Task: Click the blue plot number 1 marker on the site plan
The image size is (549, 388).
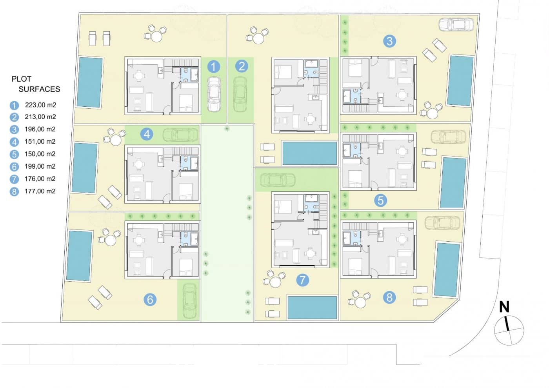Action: (x=213, y=67)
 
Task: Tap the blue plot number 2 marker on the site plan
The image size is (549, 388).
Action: (x=242, y=66)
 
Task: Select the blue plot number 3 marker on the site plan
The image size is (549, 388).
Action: (x=389, y=41)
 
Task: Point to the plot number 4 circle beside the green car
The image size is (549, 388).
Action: (x=147, y=134)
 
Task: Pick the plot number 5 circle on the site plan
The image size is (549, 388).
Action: (x=380, y=200)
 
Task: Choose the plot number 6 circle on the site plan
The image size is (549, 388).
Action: (x=150, y=300)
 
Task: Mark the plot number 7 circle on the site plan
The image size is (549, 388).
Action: (x=302, y=280)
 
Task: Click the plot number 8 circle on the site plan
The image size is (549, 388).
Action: (x=389, y=297)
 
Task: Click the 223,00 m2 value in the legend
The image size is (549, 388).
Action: (x=40, y=105)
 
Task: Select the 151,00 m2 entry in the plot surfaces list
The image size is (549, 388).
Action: (x=40, y=142)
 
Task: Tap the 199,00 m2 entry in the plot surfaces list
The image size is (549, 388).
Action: (x=40, y=166)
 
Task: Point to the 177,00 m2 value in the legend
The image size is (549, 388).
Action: (x=40, y=191)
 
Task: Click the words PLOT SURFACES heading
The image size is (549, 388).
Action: (x=35, y=84)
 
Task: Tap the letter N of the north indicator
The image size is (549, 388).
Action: (x=504, y=307)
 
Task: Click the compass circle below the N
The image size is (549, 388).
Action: (x=509, y=331)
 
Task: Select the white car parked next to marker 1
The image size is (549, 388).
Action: (x=214, y=94)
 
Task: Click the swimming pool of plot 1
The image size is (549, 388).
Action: (x=90, y=82)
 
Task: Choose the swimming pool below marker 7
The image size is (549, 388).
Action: (x=312, y=307)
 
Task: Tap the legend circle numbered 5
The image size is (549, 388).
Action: (x=15, y=155)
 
